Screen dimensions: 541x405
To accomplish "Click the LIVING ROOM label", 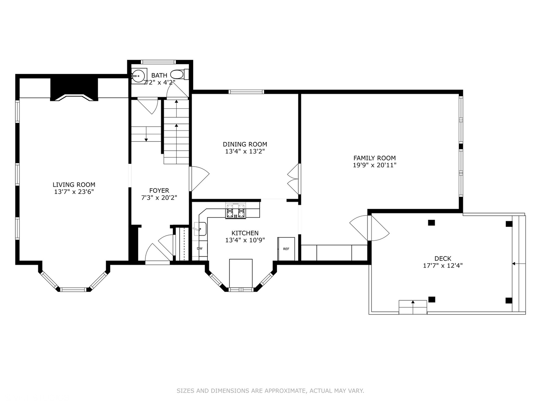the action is coord(74,184).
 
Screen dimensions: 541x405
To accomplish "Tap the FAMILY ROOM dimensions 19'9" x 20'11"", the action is coord(375,165).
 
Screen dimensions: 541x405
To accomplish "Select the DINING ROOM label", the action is coord(245,144).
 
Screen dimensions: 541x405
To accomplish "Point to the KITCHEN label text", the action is coord(245,233).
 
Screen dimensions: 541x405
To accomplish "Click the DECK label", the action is coord(443,258).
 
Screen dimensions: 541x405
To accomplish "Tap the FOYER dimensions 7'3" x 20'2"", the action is coord(159,198).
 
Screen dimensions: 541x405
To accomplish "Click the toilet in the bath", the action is coord(180,74).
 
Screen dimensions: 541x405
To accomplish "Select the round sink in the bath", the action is coord(139,76).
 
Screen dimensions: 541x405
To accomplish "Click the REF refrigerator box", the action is coord(286,249).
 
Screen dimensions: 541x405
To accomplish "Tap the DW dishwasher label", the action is coord(199,249).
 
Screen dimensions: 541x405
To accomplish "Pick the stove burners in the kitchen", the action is coord(236,210).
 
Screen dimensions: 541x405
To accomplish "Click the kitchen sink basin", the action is coord(200,229).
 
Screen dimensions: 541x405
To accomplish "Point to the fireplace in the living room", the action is coord(74,90).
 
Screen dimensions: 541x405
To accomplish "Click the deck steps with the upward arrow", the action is coord(413,307).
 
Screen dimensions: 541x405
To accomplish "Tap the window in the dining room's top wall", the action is coord(246,92).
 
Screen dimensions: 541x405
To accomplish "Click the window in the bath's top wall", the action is coord(158,62).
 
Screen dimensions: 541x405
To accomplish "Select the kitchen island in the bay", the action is coord(240,273).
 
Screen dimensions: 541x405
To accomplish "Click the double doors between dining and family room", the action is coord(294,179).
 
